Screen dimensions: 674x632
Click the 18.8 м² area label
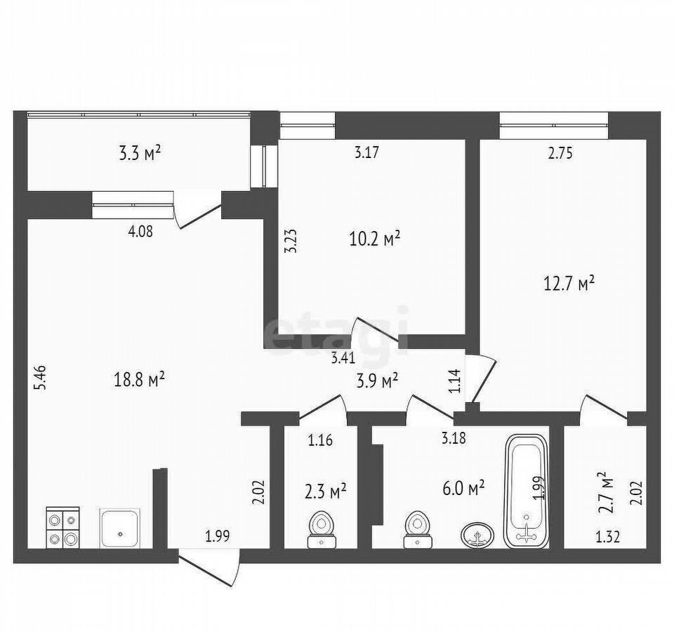coord(139,380)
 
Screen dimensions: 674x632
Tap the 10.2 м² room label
coord(375,238)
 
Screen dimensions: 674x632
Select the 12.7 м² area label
coord(569,284)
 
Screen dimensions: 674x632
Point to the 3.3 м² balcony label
coord(140,154)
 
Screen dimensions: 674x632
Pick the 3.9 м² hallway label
coord(377,381)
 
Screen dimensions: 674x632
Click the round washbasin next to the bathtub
coord(477,535)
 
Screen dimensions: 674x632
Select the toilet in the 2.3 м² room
coord(321,529)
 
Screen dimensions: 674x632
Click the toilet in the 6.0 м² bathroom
coord(417,529)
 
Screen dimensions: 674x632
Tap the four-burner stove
coord(62,527)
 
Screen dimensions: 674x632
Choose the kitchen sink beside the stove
coord(120,528)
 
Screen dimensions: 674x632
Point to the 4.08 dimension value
coord(140,232)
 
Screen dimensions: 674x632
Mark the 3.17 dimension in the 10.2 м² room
coord(366,152)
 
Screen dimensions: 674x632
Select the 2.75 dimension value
coord(560,153)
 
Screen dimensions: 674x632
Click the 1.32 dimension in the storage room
coord(607,537)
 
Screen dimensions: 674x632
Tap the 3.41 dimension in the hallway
coord(343,357)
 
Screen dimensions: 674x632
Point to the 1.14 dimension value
coord(455,381)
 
